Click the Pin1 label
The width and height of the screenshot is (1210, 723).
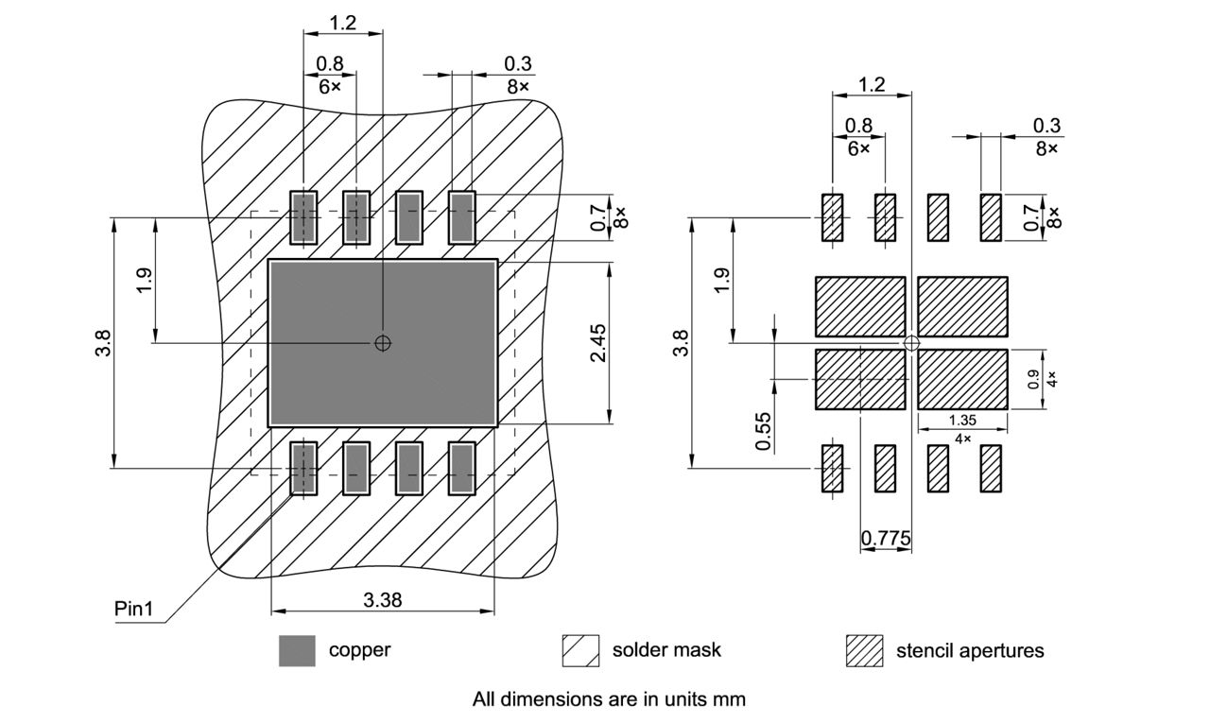(x=133, y=609)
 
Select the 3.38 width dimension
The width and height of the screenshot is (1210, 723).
(x=382, y=599)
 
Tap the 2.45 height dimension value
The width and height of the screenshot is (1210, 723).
(x=597, y=343)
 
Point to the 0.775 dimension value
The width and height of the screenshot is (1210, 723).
(x=886, y=539)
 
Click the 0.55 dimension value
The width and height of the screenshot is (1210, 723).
(x=764, y=430)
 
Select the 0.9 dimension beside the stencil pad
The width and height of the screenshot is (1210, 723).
(x=1033, y=379)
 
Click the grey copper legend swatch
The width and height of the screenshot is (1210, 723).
(x=297, y=650)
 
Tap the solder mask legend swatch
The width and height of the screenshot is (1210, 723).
(x=580, y=650)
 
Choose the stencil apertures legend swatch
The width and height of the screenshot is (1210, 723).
(x=864, y=650)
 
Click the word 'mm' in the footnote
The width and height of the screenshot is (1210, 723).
(x=732, y=699)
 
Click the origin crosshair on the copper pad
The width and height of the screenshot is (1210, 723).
(x=382, y=342)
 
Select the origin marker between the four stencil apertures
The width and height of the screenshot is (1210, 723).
(x=911, y=343)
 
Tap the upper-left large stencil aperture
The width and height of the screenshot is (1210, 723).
(x=860, y=307)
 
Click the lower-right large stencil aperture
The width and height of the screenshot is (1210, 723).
(x=962, y=379)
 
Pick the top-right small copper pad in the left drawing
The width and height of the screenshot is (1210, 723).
(x=461, y=217)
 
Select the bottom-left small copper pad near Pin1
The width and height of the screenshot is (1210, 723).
(x=302, y=468)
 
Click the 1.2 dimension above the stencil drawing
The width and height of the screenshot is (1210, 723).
(x=871, y=85)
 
